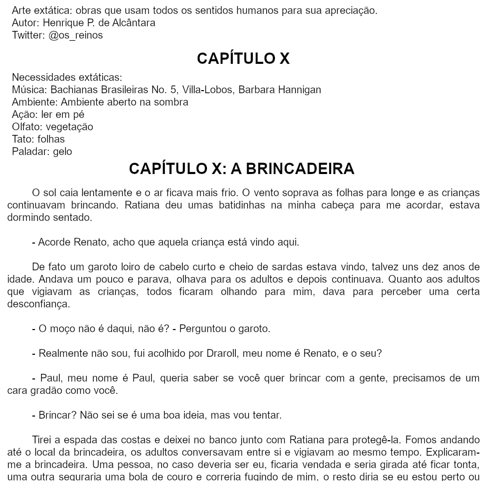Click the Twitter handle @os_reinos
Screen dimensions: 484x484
tap(76, 35)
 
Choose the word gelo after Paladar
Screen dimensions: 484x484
tap(62, 151)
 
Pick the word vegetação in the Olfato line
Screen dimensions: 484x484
tap(70, 127)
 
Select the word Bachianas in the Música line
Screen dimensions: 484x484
tap(72, 90)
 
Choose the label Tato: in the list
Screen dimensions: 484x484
tap(23, 139)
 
